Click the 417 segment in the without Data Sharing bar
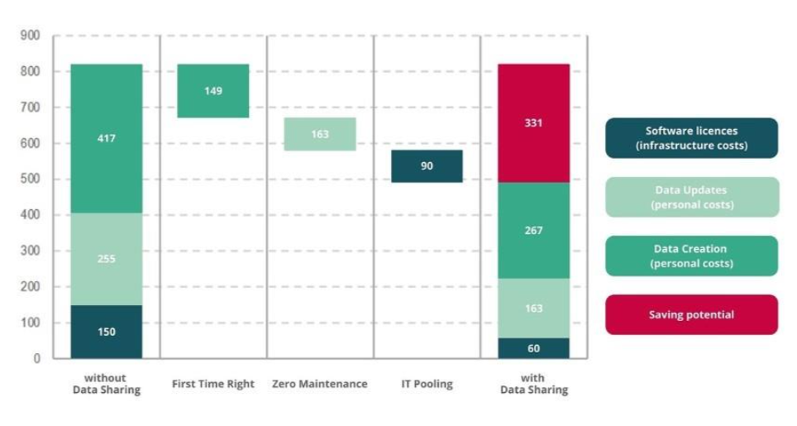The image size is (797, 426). pos(106,138)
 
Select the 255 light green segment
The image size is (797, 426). pos(106,259)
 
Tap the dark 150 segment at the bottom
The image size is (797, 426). pos(106,332)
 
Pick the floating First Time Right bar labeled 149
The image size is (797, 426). pos(213,91)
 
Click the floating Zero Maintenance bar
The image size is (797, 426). pos(320,134)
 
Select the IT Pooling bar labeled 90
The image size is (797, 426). pos(427,166)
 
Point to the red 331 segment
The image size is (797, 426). pos(533,122)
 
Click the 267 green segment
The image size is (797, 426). pos(533,230)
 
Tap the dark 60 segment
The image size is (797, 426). pos(533,348)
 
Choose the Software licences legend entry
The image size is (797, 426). pos(691,138)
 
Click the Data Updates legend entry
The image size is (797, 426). pos(691,197)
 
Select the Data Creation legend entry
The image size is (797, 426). pos(691,256)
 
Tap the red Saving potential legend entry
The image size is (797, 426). pos(691,314)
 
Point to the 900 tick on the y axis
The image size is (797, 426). pos(31,36)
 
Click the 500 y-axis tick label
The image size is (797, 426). pos(31,179)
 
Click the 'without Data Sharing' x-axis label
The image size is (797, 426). pos(106,384)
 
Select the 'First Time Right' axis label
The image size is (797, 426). pos(213,384)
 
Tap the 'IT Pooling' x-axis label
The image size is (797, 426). pos(427,384)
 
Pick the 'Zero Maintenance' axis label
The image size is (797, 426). pos(320,384)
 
